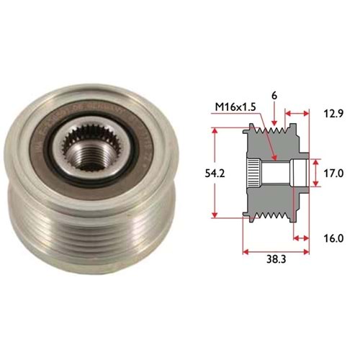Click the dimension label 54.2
point(215,174)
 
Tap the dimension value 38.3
point(276,259)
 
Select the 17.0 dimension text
point(333,173)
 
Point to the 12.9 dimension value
point(333,114)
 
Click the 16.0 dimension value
point(333,238)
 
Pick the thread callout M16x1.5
point(235,107)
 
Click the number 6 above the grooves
point(274,96)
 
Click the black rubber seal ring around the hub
point(92,153)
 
